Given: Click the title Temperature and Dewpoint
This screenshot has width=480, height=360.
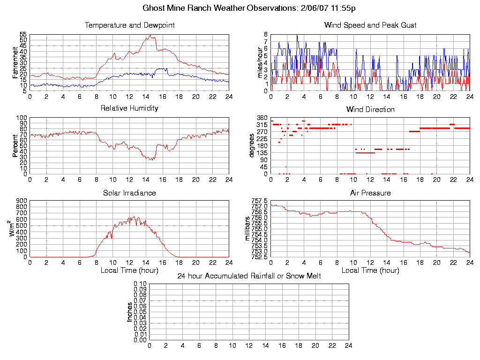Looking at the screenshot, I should point(129,25).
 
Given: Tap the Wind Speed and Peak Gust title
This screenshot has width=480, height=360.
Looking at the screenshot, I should point(370,25).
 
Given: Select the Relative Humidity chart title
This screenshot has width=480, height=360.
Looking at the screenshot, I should point(129,108).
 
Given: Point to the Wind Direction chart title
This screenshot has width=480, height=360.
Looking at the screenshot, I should point(370,110).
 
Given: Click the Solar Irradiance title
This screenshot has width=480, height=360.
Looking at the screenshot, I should point(129,193).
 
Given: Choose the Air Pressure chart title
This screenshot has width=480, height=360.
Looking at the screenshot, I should point(370,193).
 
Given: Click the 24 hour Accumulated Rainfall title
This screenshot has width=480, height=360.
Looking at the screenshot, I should point(249,276).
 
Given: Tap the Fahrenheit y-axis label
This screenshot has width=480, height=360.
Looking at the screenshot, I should point(15,62).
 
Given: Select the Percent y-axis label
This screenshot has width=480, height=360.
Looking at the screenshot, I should point(15,146).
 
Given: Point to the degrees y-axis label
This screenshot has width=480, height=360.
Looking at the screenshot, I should point(252,146).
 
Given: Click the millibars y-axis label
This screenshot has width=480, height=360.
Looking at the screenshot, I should point(248,229).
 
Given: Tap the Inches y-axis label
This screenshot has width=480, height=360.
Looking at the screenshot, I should point(129,312).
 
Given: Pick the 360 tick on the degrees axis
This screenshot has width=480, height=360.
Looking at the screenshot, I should point(262,118).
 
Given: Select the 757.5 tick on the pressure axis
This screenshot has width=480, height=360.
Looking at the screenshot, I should point(259,201).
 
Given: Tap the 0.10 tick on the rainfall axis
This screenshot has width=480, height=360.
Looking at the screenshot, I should point(140,284).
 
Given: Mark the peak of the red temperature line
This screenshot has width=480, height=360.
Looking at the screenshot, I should point(150,35).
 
